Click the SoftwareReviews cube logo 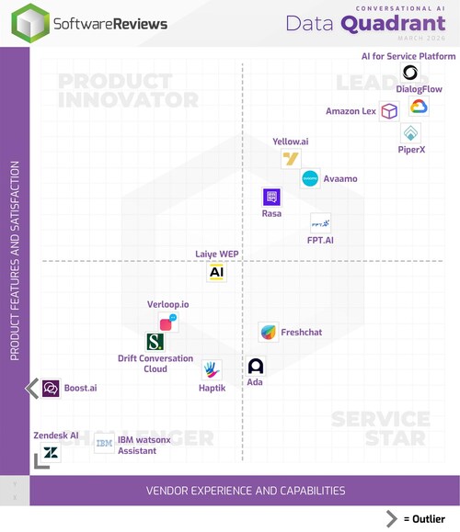tap(30, 23)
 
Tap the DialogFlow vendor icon tap(419, 107)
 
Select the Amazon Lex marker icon tap(389, 111)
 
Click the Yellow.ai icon tap(291, 159)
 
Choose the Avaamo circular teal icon tap(310, 178)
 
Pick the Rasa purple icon tap(271, 197)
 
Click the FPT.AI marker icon tap(321, 222)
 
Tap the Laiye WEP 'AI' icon tap(216, 272)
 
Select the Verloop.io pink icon tap(167, 323)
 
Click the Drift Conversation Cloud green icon tap(155, 342)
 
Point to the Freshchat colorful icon tap(268, 333)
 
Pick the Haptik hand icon tap(212, 369)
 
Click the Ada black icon tap(256, 367)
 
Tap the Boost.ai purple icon tap(51, 389)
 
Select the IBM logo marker tap(104, 443)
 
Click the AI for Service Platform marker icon tap(410, 73)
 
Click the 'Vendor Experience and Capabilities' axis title tap(246, 491)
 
